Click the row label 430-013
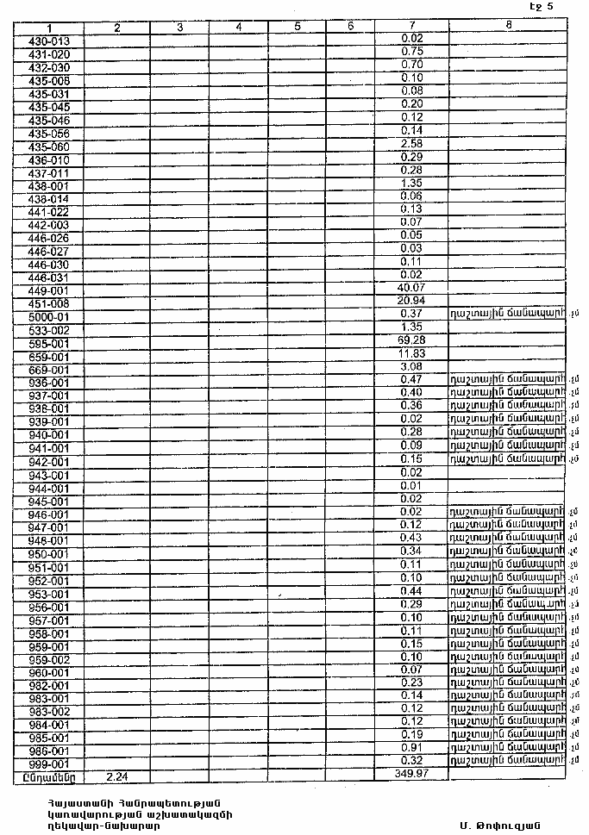coord(49,41)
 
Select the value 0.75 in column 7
coord(411,52)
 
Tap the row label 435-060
coord(49,146)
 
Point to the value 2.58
coord(411,143)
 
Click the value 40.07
coord(411,287)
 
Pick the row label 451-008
coord(49,304)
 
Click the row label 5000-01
coord(49,317)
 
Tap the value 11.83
coord(411,353)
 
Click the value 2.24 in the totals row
coord(116,776)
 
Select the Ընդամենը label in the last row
coord(49,776)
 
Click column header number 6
coord(350,27)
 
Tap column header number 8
coord(509,26)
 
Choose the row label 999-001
coord(49,764)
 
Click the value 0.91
coord(411,747)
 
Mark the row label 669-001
coord(49,370)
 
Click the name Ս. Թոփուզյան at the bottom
coord(498,824)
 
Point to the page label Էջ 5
coord(542,7)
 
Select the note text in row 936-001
coord(507,379)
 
